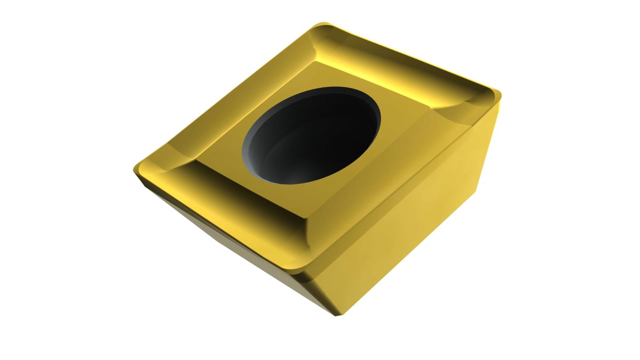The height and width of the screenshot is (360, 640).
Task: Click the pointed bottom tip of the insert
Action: [337, 315]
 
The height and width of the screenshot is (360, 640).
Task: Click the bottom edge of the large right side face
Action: [410, 256]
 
